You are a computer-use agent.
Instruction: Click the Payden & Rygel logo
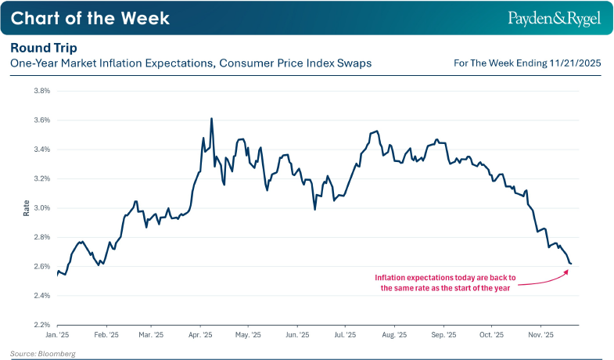556,17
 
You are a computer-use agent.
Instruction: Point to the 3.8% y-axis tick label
41,91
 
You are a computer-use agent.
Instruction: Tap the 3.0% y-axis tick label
41,208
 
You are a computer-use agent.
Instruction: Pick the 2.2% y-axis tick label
41,325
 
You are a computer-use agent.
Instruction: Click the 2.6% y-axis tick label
41,267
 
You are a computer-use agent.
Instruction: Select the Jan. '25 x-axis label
58,335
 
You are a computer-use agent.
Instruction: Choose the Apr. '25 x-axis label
201,335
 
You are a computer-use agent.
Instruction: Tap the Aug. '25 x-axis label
394,335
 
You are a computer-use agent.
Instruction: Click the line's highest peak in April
212,119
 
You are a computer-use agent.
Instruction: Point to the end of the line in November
571,264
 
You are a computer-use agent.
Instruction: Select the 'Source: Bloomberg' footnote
43,354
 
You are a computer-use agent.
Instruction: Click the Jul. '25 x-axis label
345,335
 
